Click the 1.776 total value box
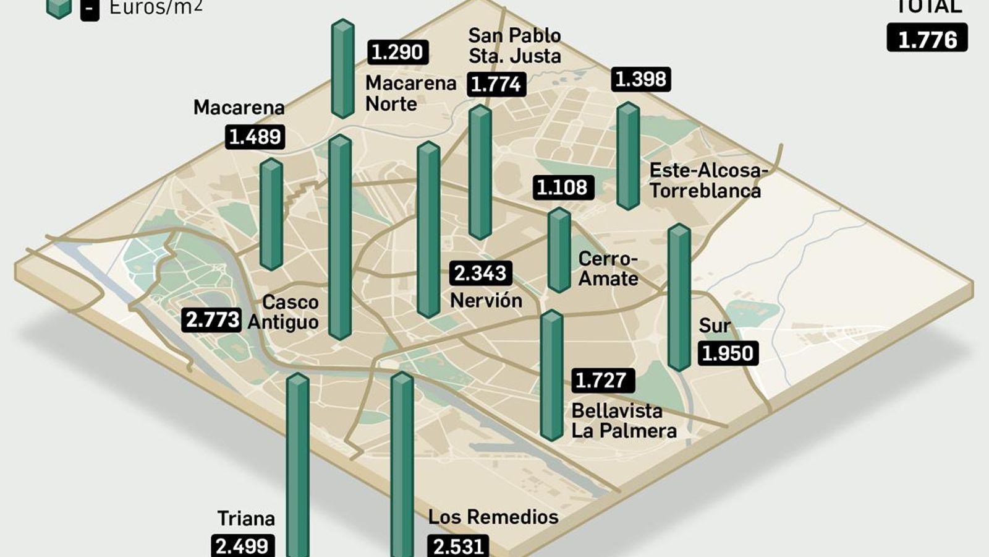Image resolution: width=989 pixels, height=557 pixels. pos(927,38)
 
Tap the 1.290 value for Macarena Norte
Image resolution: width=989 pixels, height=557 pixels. pos(397,52)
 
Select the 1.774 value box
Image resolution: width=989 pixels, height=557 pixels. pos(496,84)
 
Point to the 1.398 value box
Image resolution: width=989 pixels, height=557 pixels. pos(641,79)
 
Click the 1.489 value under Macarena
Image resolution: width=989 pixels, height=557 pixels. pos(255,137)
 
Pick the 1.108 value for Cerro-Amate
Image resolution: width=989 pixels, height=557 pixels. pos(562,187)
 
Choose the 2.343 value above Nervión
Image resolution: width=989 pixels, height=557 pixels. pos(480,273)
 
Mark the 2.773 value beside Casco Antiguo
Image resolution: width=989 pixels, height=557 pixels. pos(212,319)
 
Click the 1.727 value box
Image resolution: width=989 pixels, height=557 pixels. pos(602,380)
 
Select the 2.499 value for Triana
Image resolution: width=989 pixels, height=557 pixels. pos(242,546)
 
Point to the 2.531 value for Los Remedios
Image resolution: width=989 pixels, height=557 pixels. pos(458,546)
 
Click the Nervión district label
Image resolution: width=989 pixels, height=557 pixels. pos(486,301)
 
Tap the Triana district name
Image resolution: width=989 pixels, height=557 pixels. pos(246,518)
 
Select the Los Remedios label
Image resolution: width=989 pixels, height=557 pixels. pos(493,517)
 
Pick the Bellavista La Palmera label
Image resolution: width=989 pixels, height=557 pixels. pos(623,420)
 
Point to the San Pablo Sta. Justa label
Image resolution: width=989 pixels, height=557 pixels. pos(514,45)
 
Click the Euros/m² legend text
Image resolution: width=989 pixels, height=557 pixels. pos(155,7)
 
